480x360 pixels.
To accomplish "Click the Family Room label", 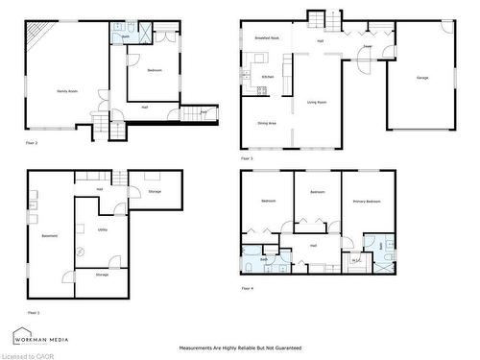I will [x=67, y=90].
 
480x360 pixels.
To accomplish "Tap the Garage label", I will [x=422, y=77].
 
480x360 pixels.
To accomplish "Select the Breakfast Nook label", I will [x=267, y=37].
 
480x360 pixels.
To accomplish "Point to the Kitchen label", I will [x=269, y=77].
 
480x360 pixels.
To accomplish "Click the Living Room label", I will [x=317, y=102].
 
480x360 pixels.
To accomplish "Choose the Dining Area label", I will [x=268, y=123].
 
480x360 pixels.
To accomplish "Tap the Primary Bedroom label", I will [x=366, y=202].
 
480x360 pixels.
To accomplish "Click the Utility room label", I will [x=102, y=230].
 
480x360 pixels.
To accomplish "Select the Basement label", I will [x=49, y=236].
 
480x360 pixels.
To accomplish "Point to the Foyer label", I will [x=368, y=46].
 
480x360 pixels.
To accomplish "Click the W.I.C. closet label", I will [x=355, y=260].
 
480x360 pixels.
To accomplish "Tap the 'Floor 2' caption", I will [x=32, y=142].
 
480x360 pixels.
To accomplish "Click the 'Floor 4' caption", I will [x=247, y=288].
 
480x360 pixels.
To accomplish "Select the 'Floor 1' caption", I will [x=34, y=312].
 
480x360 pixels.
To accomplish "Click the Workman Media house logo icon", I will [x=20, y=336].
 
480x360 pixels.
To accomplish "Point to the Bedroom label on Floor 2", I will [x=154, y=71].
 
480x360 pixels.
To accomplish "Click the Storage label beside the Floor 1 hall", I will [x=155, y=192].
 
